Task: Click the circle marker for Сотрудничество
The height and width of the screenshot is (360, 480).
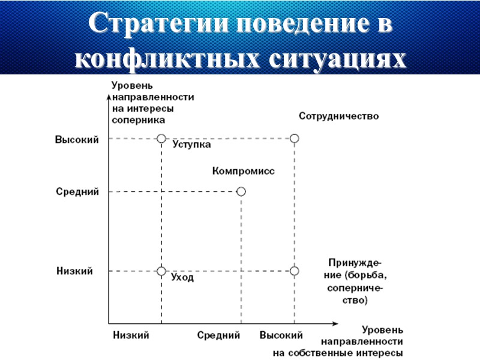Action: pos(294,139)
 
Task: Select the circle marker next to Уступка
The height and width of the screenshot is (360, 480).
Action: pos(161,139)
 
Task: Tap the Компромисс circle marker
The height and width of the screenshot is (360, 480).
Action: pos(241,191)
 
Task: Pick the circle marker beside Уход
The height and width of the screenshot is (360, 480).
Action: pos(161,271)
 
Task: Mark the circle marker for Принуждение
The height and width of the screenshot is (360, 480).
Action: pos(294,271)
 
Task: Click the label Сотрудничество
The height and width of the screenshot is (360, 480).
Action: pos(338,116)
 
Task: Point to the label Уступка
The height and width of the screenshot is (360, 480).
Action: pos(191,145)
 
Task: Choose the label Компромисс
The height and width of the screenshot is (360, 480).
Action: pos(243,171)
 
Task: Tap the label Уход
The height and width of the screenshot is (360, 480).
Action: pos(182,278)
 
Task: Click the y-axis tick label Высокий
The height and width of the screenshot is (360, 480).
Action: pos(77,139)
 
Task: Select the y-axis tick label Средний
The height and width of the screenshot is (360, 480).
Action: pos(77,192)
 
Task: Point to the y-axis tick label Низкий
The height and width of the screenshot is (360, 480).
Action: pos(74,271)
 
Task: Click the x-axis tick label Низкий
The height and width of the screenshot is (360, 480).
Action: pos(131,335)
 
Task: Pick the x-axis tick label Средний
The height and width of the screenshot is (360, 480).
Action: pos(219,335)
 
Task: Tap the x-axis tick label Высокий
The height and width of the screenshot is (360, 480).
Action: pos(281,335)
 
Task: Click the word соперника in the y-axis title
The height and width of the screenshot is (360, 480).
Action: pos(138,120)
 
